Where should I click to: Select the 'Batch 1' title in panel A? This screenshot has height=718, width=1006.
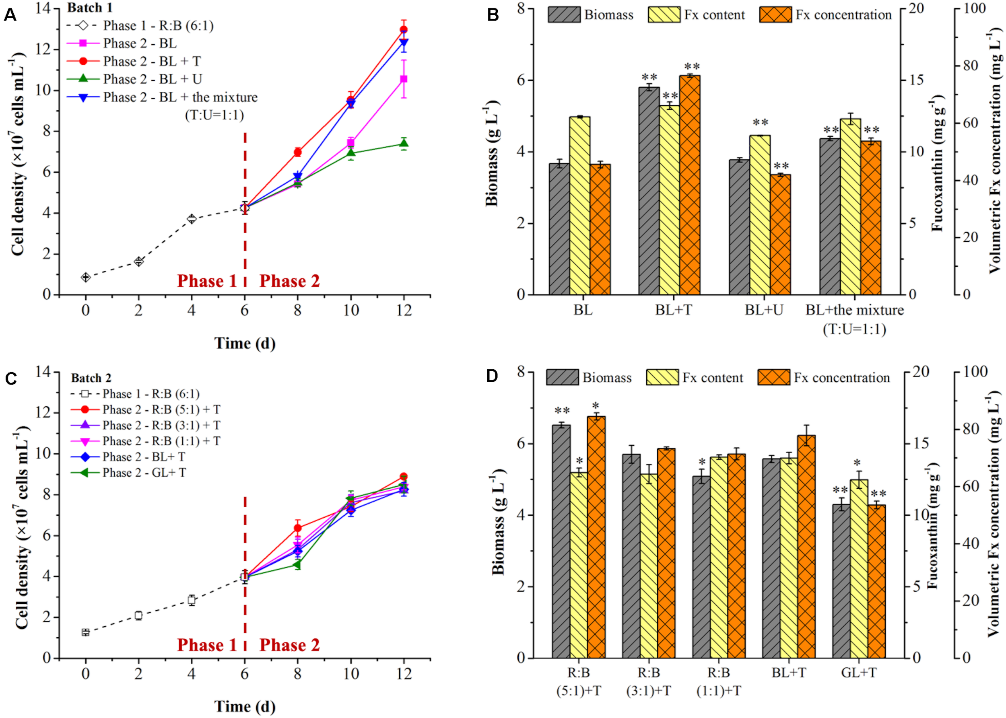pyautogui.click(x=90, y=8)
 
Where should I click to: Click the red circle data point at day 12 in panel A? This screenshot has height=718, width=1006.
pyautogui.click(x=403, y=30)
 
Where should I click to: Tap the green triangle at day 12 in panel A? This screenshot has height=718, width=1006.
pyautogui.click(x=403, y=143)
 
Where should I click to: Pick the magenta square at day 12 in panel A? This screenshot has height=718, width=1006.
pyautogui.click(x=403, y=79)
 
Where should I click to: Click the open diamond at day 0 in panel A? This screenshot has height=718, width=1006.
pyautogui.click(x=85, y=277)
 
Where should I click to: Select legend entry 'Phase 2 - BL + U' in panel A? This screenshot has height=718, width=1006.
pyautogui.click(x=153, y=79)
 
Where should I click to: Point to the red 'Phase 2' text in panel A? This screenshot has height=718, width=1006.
pyautogui.click(x=289, y=281)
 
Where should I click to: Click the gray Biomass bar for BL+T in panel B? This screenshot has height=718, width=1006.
pyautogui.click(x=649, y=190)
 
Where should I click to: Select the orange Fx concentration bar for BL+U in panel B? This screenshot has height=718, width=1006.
pyautogui.click(x=781, y=235)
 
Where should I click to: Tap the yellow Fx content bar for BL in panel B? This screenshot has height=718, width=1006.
pyautogui.click(x=580, y=206)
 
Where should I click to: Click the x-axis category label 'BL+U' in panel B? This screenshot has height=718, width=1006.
pyautogui.click(x=764, y=310)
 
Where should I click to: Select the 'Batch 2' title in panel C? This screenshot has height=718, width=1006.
pyautogui.click(x=91, y=378)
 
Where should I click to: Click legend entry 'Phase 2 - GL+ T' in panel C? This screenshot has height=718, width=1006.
pyautogui.click(x=144, y=473)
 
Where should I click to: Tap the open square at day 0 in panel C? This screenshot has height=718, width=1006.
pyautogui.click(x=85, y=632)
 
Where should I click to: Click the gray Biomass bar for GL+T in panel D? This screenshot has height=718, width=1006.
pyautogui.click(x=841, y=581)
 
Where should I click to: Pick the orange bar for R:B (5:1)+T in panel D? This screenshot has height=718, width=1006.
pyautogui.click(x=596, y=537)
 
